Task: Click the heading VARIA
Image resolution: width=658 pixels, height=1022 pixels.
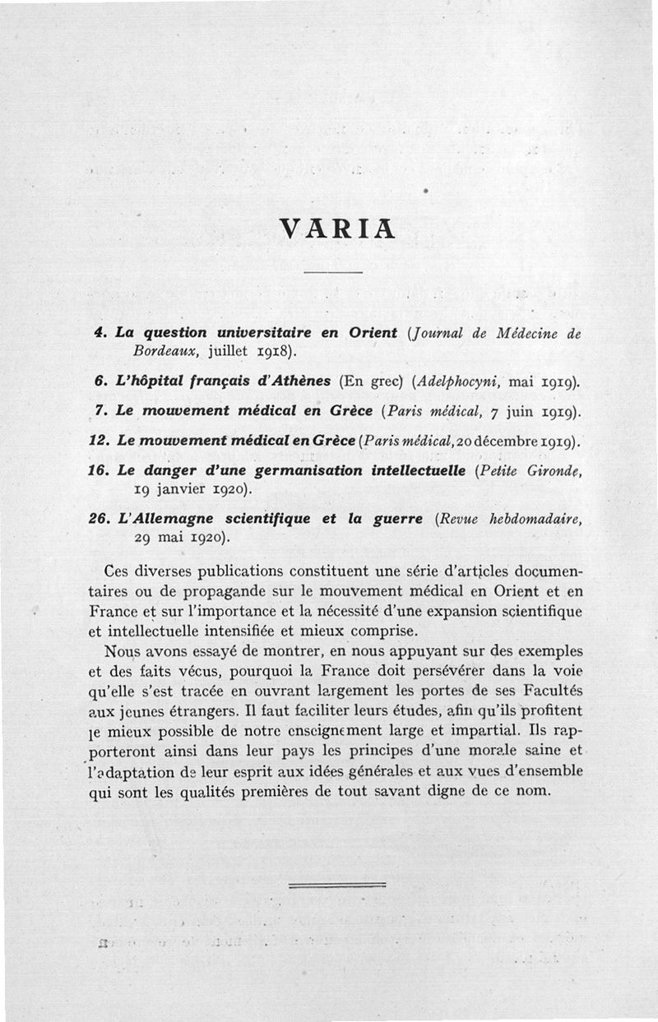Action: click(x=338, y=226)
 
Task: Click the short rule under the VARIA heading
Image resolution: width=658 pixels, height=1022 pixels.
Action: click(x=333, y=272)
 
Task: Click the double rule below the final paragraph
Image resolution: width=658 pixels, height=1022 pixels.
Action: click(x=337, y=885)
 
